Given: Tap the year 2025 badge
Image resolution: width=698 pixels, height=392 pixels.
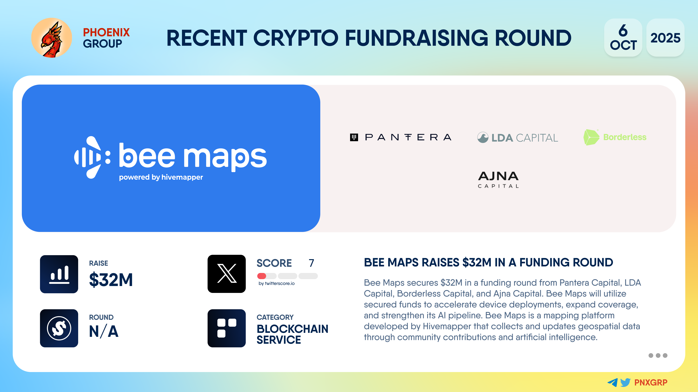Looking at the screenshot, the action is coord(665,38).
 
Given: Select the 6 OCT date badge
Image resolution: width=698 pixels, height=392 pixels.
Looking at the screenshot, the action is coord(623,38).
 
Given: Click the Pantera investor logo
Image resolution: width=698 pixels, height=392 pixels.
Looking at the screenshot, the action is coord(400,137).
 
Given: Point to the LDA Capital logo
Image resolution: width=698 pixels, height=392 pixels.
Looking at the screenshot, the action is coord(518,137).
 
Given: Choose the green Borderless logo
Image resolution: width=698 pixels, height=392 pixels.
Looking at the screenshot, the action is coord(615,137).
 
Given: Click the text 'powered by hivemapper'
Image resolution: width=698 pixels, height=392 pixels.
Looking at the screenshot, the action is coord(161,177).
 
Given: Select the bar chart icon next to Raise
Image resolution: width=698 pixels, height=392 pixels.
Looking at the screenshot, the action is coord(59,274).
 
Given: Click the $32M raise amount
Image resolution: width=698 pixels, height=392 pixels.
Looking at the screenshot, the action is coord(111,279).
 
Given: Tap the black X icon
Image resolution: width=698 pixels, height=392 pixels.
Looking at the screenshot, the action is coord(226,274).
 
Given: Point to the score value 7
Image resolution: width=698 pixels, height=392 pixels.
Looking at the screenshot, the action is coord(311,263).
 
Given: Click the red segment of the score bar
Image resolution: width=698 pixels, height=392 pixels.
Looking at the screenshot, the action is coord(262,276).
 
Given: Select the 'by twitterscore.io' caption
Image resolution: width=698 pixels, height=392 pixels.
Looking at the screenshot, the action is coord(276,283).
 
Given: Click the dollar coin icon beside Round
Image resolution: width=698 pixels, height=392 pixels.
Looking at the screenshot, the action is coord(59,328).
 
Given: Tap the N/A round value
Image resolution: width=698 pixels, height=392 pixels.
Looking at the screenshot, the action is coord(104,331).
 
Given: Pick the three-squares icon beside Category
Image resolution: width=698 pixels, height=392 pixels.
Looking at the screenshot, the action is coord(226,328).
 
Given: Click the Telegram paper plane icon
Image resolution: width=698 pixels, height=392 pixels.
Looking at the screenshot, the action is coord(613,382).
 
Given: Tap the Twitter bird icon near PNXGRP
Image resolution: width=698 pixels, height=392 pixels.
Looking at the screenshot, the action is coord(625,382).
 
